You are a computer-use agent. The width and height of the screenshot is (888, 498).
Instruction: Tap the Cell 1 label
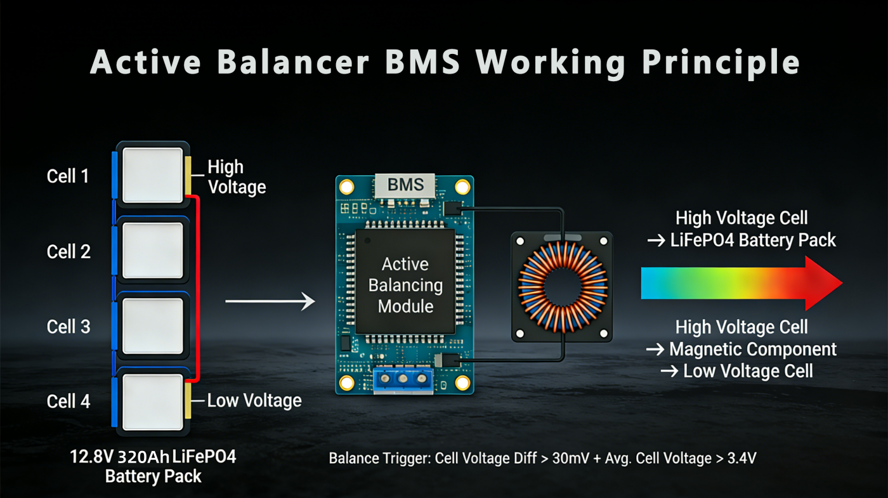pos(69,176)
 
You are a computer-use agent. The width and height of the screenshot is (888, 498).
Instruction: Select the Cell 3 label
pos(69,327)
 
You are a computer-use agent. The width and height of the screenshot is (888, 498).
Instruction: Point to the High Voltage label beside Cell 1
pos(236,177)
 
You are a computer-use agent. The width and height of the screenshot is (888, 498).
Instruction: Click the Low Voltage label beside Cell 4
pos(254,400)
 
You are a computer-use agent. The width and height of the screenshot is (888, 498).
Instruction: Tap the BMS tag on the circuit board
pos(406,185)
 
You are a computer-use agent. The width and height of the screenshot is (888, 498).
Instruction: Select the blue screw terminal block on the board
pos(403,379)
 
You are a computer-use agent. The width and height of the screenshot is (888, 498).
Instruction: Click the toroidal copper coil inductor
pos(562,284)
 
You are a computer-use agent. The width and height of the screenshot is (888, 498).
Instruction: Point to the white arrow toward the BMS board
pos(270,301)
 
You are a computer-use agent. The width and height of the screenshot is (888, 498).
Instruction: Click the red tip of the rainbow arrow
pos(825,284)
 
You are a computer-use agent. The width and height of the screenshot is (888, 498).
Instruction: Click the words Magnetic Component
pos(753,349)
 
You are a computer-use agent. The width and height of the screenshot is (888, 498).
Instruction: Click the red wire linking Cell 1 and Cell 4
pos(199,285)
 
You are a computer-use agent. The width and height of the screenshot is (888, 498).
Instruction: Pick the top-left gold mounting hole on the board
pos(346,187)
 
